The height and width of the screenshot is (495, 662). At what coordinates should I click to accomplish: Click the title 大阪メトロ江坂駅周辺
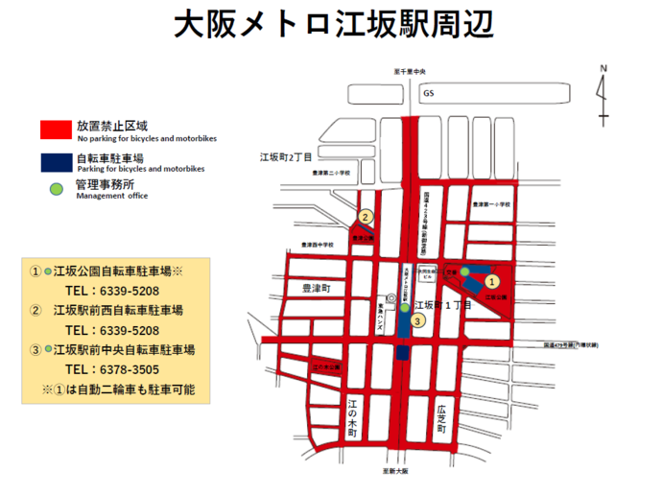[332, 26]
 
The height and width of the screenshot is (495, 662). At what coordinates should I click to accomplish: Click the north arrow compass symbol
[602, 94]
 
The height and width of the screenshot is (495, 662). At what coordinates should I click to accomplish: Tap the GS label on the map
[429, 94]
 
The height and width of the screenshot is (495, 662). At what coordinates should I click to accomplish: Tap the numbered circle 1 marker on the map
[490, 282]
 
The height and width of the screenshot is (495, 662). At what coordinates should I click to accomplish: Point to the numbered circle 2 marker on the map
[365, 218]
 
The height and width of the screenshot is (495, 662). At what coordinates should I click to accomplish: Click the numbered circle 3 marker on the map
[417, 321]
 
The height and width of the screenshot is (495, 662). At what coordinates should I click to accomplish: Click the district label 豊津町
[316, 288]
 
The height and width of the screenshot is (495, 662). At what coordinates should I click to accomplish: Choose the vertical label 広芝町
[441, 414]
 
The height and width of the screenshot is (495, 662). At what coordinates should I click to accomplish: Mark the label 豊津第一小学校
[491, 205]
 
